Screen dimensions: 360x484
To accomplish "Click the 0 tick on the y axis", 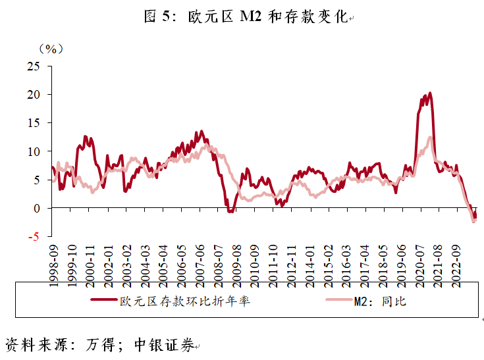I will point(37,208).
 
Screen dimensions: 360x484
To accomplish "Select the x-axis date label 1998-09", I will point(54,261).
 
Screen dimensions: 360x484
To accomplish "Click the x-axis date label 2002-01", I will point(107,261).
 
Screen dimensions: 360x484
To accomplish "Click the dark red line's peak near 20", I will point(430,93).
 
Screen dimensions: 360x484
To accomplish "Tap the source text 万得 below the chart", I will point(96,345).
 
